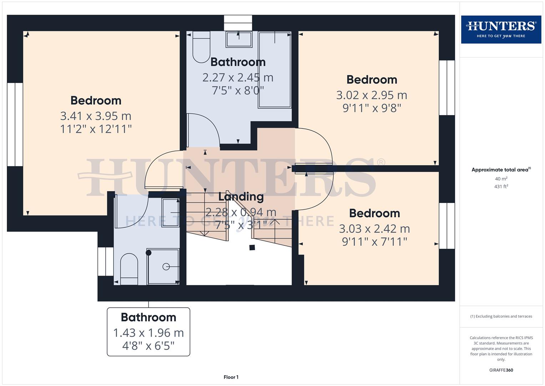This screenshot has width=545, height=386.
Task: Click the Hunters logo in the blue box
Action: (501, 29)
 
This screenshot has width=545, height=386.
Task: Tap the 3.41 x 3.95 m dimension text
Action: (96, 116)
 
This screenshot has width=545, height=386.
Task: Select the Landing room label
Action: (241, 197)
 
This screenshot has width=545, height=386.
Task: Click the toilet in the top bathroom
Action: (201, 48)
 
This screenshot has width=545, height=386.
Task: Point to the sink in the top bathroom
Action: (239, 39)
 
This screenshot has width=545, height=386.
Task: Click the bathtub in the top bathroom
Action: (274, 70)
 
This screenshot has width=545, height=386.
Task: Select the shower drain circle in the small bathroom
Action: (166, 267)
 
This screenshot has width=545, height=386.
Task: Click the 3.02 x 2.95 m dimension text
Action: (372, 95)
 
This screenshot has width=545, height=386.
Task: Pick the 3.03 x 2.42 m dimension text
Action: (374, 228)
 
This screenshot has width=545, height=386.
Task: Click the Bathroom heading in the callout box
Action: (148, 317)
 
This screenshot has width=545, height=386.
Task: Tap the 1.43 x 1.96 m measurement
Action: (148, 333)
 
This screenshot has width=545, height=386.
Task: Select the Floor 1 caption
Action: (231, 377)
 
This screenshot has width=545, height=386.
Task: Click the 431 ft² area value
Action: (501, 187)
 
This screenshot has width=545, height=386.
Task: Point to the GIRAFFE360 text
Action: (501, 370)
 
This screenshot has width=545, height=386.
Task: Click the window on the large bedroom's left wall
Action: (15, 124)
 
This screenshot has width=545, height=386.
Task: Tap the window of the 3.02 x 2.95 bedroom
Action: (446, 88)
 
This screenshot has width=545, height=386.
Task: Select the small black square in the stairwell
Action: (252, 247)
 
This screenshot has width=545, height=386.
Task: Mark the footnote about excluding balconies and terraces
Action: (501, 316)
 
